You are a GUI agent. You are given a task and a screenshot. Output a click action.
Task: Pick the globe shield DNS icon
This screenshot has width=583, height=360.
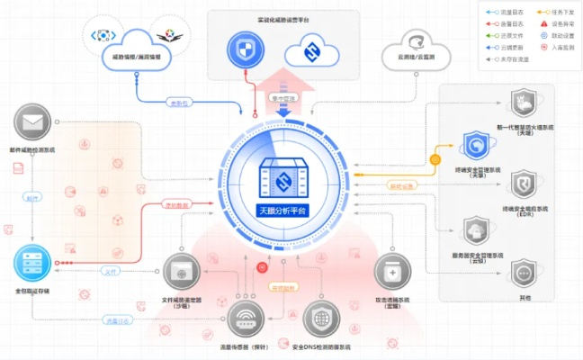(322, 319)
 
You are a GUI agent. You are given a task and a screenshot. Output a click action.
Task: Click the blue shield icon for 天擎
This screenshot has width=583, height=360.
(476, 143)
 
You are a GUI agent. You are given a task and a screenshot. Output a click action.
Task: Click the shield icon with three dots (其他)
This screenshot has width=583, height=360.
(524, 273)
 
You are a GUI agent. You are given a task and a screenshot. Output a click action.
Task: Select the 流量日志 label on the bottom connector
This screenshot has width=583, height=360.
(117, 319)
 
